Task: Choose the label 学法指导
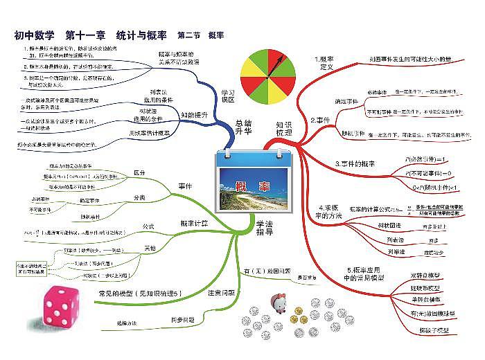pos(264,228)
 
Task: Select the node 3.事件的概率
pos(354,163)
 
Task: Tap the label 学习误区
pos(229,96)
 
